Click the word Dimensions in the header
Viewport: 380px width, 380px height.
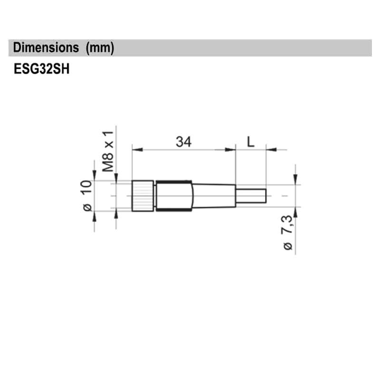click(46, 48)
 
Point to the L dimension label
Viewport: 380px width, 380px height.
click(251, 141)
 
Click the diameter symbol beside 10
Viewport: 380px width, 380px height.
click(87, 207)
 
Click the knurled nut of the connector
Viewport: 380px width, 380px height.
click(142, 196)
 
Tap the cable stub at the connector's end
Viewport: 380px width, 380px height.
click(251, 196)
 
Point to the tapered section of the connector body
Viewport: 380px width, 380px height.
click(214, 196)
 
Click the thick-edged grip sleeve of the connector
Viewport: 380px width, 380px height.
click(174, 196)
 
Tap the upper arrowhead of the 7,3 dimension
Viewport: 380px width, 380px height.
click(296, 180)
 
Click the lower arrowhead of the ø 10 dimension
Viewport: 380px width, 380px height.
click(94, 216)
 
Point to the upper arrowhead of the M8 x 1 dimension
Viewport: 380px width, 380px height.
click(116, 177)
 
